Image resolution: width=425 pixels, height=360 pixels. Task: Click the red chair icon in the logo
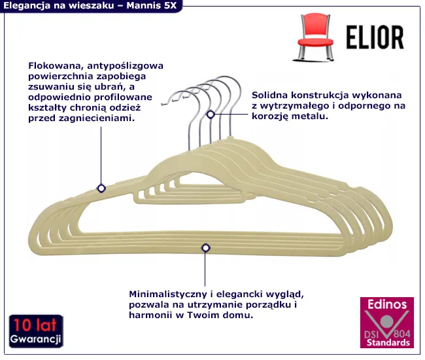tap(314, 37)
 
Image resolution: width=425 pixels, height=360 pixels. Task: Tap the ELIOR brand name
tap(375, 37)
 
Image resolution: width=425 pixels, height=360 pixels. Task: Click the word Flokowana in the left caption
tap(56, 65)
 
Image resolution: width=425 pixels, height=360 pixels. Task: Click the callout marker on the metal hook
tap(211, 115)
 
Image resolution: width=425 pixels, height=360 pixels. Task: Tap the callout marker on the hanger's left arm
tap(101, 188)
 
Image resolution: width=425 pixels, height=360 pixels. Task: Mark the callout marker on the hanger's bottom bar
tap(206, 247)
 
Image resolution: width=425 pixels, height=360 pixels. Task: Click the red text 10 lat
tap(35, 325)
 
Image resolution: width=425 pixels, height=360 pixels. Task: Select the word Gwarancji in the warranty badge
tap(35, 339)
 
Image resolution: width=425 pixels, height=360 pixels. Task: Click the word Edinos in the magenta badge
tap(387, 304)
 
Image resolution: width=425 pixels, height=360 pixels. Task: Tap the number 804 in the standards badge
tap(402, 333)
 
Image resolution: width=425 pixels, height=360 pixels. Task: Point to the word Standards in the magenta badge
tap(388, 342)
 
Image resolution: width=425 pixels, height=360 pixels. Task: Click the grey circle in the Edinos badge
tap(387, 322)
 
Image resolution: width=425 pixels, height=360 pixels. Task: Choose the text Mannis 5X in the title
tap(152, 5)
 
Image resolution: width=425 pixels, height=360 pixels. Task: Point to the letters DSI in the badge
tap(371, 334)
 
